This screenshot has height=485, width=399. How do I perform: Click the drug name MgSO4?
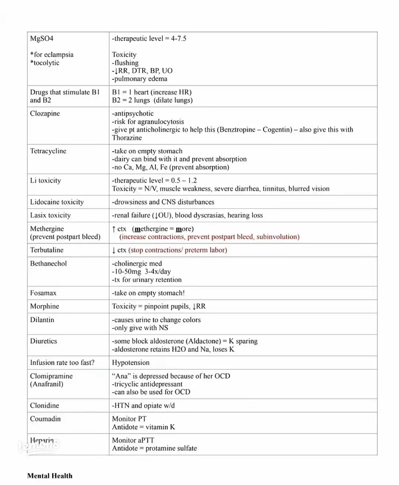coord(41,38)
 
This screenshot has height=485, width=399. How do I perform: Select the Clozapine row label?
coord(45,113)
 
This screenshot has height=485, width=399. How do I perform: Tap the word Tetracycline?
coord(48,151)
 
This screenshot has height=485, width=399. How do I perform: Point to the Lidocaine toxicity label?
coord(57,202)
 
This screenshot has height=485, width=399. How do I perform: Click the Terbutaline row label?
coord(47,250)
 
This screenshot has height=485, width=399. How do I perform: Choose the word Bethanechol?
coord(48,264)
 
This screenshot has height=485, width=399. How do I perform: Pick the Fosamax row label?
coord(43,293)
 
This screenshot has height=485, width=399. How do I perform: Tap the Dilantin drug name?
coord(42,320)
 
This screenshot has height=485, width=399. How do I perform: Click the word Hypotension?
coord(131,362)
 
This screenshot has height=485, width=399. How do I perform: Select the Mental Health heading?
coord(50,476)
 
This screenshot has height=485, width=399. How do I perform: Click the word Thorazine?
coord(127,138)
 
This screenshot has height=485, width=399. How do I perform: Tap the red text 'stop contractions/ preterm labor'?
coord(178,250)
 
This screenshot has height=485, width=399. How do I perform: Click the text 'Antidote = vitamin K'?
coord(143,427)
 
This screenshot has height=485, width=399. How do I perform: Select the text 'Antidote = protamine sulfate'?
coord(154,448)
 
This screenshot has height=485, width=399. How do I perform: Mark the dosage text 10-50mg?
coord(128,272)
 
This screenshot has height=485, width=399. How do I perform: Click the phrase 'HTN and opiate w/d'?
coord(144,405)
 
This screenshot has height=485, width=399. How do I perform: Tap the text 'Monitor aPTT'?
coord(133,440)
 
